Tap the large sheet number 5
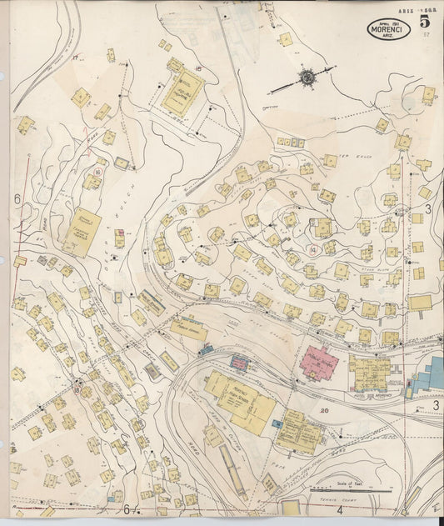pos(426,20)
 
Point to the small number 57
pos(427,35)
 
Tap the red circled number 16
pos(98,171)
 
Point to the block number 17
pos(75,58)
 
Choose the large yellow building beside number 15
pos(182,92)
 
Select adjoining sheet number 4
pos(340,509)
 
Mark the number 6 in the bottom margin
pos(127,509)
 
